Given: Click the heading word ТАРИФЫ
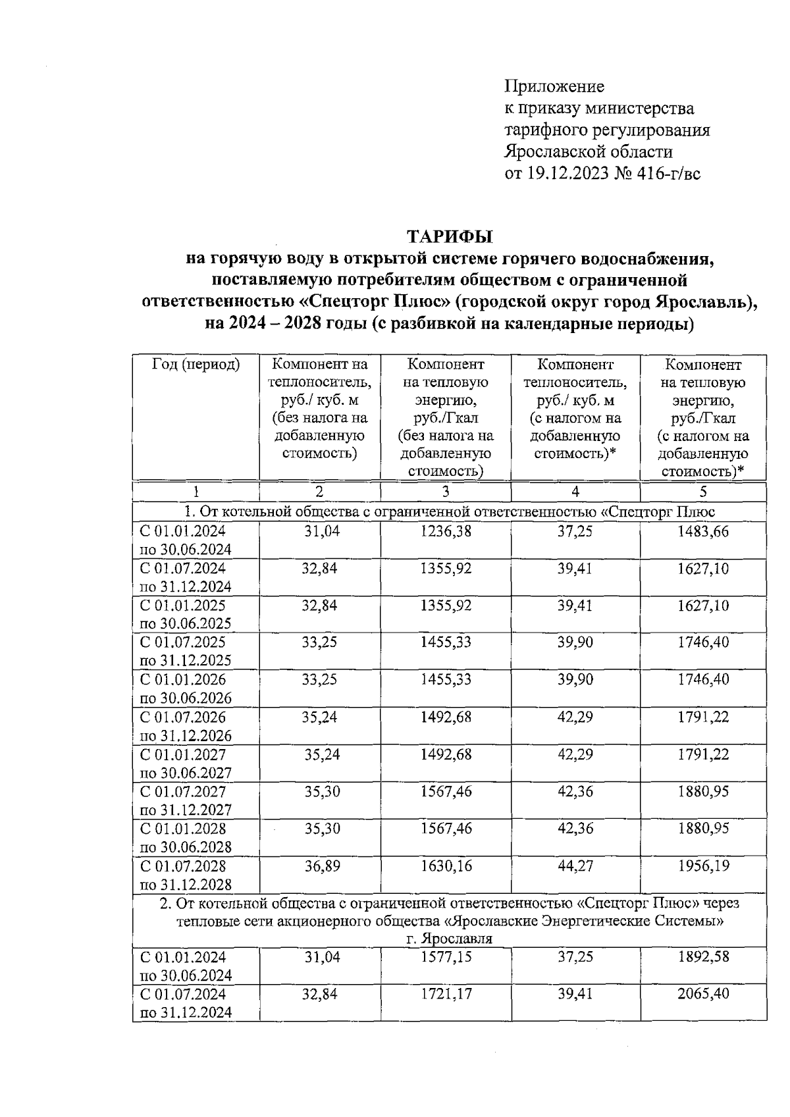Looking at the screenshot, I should (x=450, y=236).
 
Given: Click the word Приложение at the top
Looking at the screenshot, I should (x=554, y=86).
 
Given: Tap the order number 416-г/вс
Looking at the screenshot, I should (x=668, y=174).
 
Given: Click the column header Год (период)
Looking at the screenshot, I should (x=196, y=364).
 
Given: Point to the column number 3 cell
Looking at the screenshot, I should (x=446, y=492).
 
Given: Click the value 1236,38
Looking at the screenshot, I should (x=446, y=531).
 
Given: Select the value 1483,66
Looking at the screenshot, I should (x=703, y=531).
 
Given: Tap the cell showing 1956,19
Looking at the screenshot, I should (x=703, y=866).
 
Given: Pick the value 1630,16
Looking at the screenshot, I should (x=446, y=866).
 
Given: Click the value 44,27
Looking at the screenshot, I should (x=575, y=866).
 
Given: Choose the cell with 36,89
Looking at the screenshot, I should (x=322, y=866).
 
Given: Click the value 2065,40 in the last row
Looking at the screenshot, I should (x=703, y=993).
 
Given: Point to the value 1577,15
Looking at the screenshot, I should (x=446, y=956).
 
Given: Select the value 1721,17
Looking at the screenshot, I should (x=446, y=993).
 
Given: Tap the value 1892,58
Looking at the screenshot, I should (x=703, y=956).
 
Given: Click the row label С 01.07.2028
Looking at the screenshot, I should (x=183, y=866).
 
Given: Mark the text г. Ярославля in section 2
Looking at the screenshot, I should (x=449, y=939).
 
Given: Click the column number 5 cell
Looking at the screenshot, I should (x=703, y=492).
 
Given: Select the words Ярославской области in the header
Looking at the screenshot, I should (x=589, y=152).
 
